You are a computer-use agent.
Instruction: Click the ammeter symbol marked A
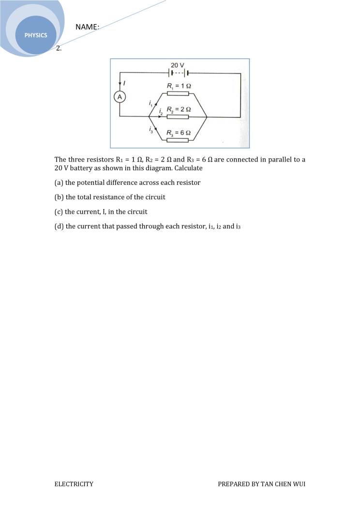[120, 97]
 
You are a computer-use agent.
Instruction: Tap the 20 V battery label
[178, 65]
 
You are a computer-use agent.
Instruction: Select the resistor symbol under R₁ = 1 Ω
[178, 93]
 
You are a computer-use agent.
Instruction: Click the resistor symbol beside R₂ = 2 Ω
[178, 117]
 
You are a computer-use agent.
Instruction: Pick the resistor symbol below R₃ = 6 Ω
[178, 140]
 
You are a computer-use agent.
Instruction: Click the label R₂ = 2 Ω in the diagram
[179, 109]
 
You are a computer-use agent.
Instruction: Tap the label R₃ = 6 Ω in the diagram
[179, 133]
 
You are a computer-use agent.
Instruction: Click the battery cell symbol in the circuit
[178, 74]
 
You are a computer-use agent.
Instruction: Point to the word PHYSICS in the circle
[37, 35]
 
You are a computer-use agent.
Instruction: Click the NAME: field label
[87, 27]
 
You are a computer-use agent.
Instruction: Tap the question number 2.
[59, 48]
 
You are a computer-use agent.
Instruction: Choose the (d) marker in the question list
[59, 226]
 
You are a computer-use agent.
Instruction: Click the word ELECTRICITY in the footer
[74, 484]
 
